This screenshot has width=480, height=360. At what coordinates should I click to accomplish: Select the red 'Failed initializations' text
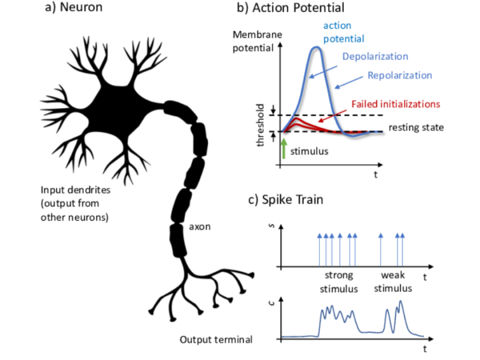397,104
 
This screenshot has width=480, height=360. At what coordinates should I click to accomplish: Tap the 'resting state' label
416,127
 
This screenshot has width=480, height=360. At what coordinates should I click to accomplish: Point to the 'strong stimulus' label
339,282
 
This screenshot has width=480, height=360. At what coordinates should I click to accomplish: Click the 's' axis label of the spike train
271,235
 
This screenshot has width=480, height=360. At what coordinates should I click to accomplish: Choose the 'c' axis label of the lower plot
271,305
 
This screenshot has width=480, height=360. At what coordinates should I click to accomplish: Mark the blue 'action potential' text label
340,32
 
